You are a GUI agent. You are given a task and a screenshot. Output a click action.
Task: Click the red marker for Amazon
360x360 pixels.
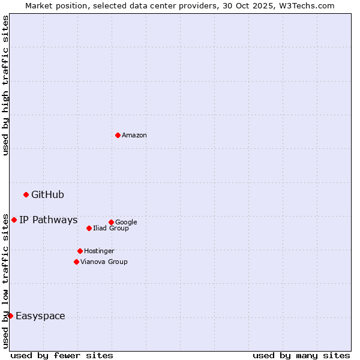click(x=118, y=135)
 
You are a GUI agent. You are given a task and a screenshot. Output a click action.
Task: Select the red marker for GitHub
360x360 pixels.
click(x=26, y=194)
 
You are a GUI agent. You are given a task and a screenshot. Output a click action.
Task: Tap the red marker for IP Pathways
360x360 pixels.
click(x=14, y=220)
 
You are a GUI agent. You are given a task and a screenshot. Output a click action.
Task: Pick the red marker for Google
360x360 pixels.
click(x=111, y=222)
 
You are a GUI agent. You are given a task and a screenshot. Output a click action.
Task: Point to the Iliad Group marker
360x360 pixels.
click(x=89, y=228)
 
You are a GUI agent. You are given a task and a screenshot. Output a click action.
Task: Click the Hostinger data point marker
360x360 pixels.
click(x=80, y=251)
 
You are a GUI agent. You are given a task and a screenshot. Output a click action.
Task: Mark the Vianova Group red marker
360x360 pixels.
click(x=76, y=262)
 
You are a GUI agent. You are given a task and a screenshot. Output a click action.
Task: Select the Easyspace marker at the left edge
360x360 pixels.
click(x=10, y=316)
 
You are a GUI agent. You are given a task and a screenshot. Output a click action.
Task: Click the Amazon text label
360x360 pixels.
click(x=134, y=136)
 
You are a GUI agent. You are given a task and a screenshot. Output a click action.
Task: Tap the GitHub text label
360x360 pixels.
click(x=47, y=194)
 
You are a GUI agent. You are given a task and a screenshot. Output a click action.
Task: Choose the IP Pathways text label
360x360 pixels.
click(x=48, y=220)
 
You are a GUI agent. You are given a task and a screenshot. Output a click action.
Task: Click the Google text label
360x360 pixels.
click(x=126, y=222)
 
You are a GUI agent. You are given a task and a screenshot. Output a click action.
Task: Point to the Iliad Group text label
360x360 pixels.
click(x=111, y=228)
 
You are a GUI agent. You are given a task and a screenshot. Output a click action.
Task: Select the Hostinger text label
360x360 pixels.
click(x=99, y=251)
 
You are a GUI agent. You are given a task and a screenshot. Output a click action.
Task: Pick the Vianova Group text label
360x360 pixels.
click(x=104, y=262)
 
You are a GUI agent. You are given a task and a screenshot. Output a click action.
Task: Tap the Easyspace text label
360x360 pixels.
click(x=40, y=316)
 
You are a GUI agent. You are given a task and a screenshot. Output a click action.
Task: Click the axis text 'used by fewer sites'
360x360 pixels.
click(x=62, y=355)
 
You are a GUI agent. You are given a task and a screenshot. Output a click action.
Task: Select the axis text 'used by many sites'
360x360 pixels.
click(x=301, y=355)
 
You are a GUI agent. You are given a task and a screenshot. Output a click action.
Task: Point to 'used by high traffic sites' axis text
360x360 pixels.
click(x=5, y=86)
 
